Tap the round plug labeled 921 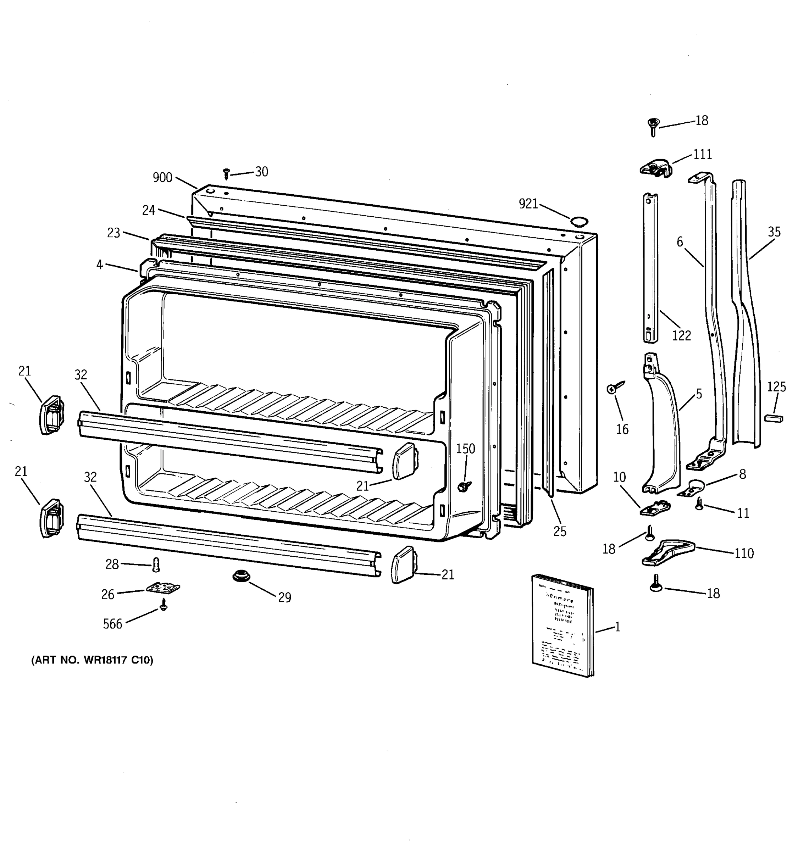578,221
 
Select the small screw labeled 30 227,173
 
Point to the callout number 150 465,449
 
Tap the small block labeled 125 773,418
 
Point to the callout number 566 112,624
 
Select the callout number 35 774,232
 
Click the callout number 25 560,531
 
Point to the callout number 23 113,233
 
